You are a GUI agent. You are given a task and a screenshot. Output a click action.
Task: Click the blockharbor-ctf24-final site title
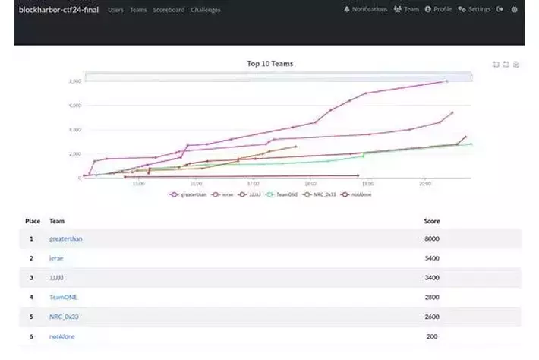tap(60, 10)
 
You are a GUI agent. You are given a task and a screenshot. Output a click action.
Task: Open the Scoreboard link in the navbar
tap(169, 10)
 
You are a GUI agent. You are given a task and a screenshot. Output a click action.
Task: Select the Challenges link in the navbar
tap(206, 10)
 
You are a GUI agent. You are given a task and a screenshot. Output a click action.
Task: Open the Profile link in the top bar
tap(438, 10)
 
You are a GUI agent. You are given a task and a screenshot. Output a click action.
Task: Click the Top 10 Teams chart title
tap(269, 64)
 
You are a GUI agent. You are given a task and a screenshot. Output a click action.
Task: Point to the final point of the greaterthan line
tap(446, 81)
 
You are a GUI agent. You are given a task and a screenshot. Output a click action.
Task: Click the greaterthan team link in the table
tap(66, 238)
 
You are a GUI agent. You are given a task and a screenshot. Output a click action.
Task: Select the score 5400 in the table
tap(432, 258)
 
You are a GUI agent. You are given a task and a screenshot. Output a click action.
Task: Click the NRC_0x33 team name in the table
tap(65, 316)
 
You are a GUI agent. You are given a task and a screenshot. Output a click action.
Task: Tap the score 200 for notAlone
tap(432, 336)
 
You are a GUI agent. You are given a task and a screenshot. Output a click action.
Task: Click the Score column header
tap(431, 221)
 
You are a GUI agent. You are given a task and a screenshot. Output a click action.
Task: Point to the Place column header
tap(33, 221)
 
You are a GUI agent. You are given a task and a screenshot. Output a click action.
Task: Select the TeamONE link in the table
tap(63, 297)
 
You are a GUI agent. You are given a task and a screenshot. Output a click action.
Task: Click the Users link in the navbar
tap(115, 10)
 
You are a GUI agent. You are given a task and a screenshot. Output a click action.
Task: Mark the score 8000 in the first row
tap(432, 238)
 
